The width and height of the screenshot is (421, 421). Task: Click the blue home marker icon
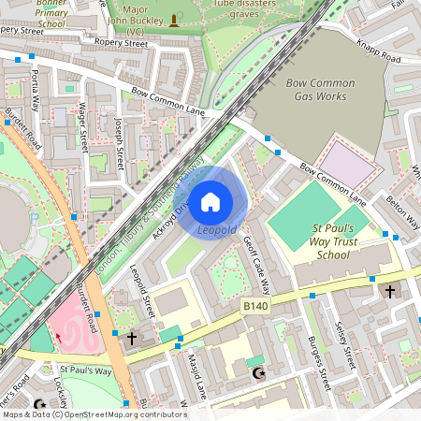[x=210, y=201]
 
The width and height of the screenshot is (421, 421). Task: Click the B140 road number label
[x=255, y=306]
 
